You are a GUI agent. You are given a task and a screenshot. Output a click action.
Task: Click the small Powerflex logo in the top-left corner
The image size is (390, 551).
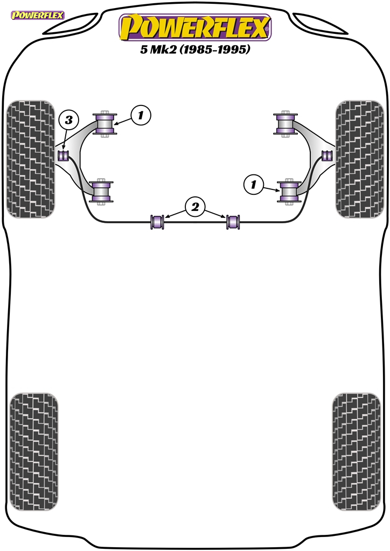[x=37, y=16]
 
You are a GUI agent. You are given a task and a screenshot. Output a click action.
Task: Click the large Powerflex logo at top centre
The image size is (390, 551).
[x=195, y=27]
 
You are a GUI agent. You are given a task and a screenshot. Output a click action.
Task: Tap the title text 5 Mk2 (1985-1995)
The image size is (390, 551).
[x=195, y=49]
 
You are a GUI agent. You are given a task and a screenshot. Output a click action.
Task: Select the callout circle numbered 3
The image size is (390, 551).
[x=68, y=120]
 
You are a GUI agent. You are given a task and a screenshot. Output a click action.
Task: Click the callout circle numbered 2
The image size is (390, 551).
[x=195, y=207]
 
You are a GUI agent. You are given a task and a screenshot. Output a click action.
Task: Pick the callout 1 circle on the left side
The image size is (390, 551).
[x=141, y=115]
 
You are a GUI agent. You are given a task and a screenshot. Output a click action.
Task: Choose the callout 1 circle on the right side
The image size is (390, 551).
[x=253, y=184]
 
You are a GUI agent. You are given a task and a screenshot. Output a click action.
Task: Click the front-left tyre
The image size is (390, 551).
[x=31, y=159]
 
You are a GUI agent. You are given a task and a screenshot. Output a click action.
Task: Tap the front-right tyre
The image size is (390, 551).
[x=359, y=159]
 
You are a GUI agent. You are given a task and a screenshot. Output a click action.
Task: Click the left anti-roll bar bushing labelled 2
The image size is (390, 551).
[x=157, y=221]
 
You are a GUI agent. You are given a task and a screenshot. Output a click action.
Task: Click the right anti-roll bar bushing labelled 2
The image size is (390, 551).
[x=233, y=221]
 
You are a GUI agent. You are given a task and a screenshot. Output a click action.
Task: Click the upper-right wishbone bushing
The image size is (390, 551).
[x=285, y=124]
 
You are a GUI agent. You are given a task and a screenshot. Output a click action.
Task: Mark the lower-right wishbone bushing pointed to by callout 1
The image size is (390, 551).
[x=289, y=192]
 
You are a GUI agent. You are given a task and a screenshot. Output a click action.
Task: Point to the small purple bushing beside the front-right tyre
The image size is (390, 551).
[x=328, y=155]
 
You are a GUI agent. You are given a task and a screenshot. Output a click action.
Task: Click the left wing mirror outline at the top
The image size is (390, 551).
[x=71, y=24]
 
